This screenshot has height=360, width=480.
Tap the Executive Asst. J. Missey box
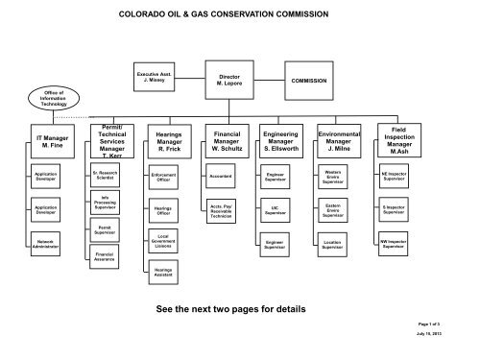tap(155, 79)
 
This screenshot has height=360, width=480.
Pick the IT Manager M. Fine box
tap(49, 143)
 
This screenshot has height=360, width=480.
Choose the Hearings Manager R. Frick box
tap(162, 143)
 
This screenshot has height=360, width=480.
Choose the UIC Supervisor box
tap(279, 207)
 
